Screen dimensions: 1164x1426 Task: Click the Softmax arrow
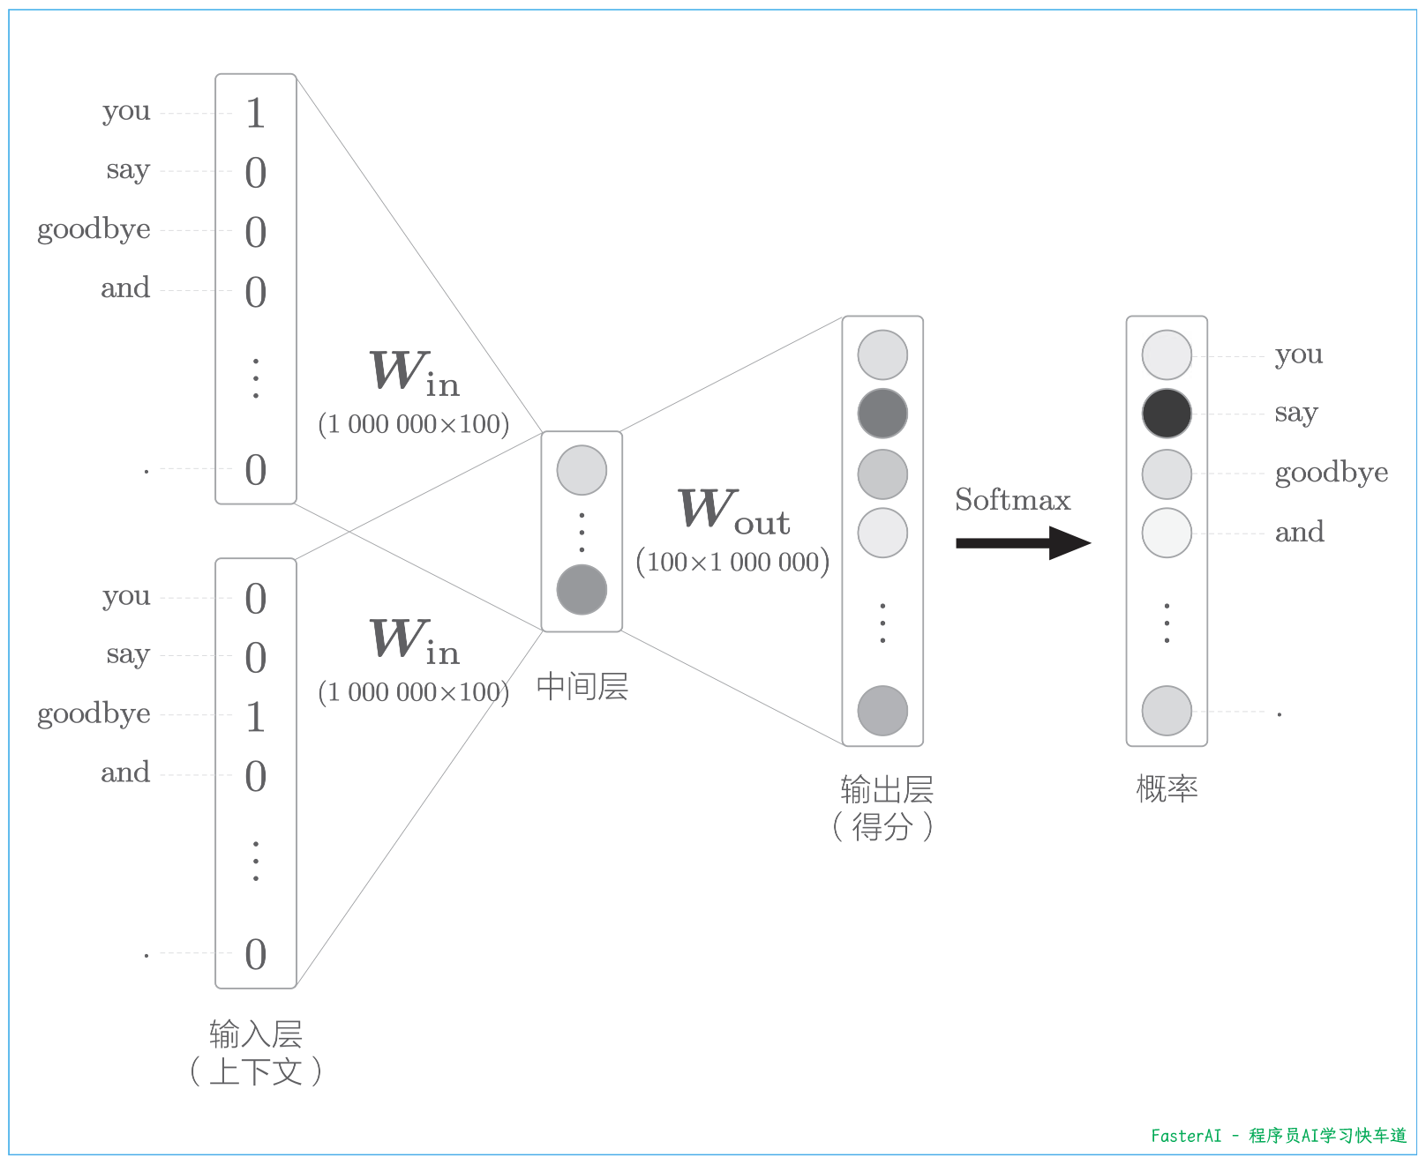1023,542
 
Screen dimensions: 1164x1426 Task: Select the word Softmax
1012,500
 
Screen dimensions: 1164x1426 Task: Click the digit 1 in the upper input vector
255,113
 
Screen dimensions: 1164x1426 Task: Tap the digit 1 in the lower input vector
255,716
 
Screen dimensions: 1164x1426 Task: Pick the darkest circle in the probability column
1166,414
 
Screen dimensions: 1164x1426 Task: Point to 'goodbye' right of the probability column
1331,474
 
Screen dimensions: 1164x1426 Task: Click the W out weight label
733,511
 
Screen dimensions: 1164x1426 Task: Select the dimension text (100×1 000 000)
732,562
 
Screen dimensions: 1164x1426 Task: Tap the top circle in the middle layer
582,470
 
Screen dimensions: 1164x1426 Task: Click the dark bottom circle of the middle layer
582,589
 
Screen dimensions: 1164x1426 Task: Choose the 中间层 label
582,686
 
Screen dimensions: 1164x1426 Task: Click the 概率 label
1166,787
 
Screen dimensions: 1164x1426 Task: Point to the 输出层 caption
886,789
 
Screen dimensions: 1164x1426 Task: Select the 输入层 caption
255,1033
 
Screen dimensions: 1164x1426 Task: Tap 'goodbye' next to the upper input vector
94,229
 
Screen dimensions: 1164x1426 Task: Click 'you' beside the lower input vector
126,596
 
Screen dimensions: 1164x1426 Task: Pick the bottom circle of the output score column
882,710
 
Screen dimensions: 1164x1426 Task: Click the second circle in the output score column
882,414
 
